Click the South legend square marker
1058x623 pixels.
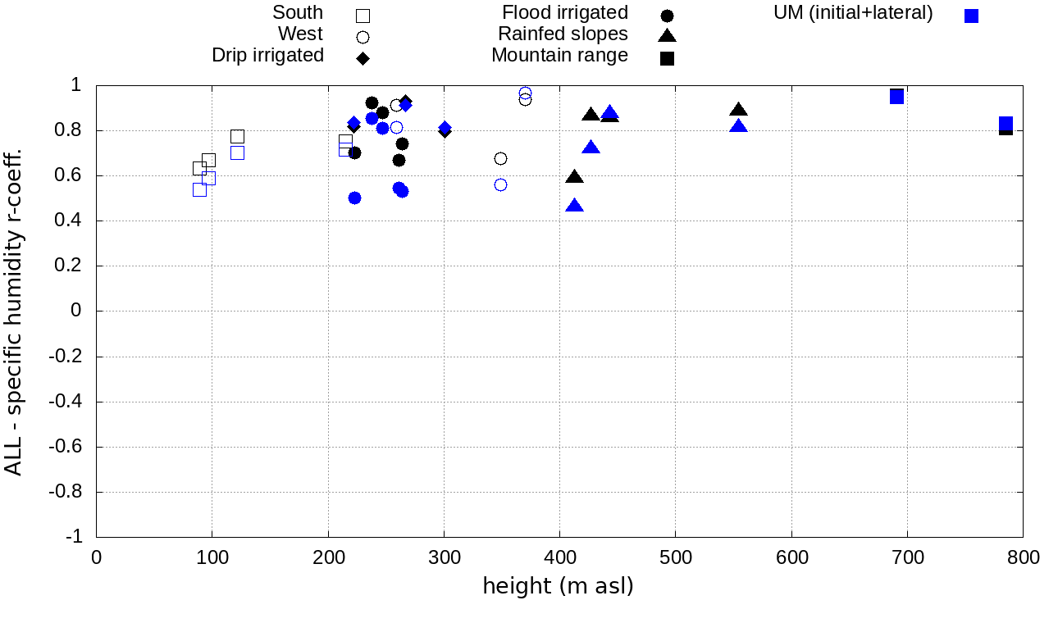click(x=363, y=15)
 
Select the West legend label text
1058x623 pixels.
click(x=300, y=34)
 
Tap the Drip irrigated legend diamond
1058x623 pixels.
click(x=363, y=57)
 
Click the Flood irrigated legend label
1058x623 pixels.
click(x=565, y=13)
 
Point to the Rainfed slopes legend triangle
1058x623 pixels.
click(x=667, y=35)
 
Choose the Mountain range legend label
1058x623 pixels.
click(x=559, y=56)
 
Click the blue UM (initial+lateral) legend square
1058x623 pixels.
click(x=971, y=16)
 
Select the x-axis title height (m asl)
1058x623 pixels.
click(x=558, y=587)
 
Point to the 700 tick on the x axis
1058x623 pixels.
click(x=907, y=558)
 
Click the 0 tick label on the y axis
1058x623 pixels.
click(x=76, y=311)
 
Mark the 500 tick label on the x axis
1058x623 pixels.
click(x=675, y=558)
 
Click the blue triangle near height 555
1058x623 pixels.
click(x=738, y=126)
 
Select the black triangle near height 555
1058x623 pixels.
click(x=738, y=110)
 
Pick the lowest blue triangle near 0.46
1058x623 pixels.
click(x=575, y=206)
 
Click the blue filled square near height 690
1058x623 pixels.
click(x=896, y=97)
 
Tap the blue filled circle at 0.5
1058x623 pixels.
click(x=354, y=198)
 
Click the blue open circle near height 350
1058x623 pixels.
click(x=500, y=184)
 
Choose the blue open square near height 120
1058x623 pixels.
click(x=237, y=152)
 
